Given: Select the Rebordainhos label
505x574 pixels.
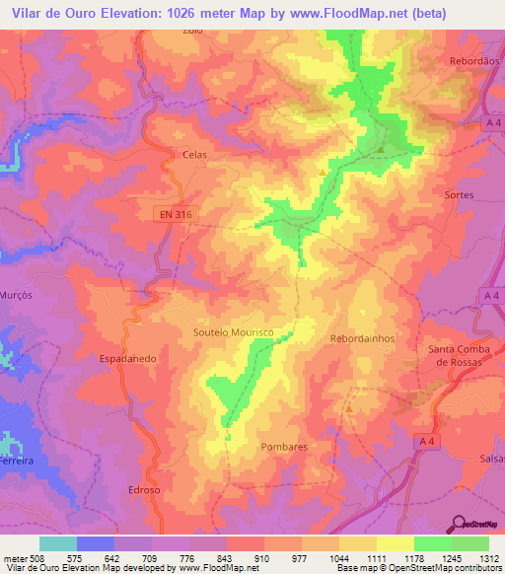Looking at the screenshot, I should (362, 337).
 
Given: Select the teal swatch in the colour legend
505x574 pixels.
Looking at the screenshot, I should (58, 543).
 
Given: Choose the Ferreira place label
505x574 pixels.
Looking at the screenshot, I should (14, 461).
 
